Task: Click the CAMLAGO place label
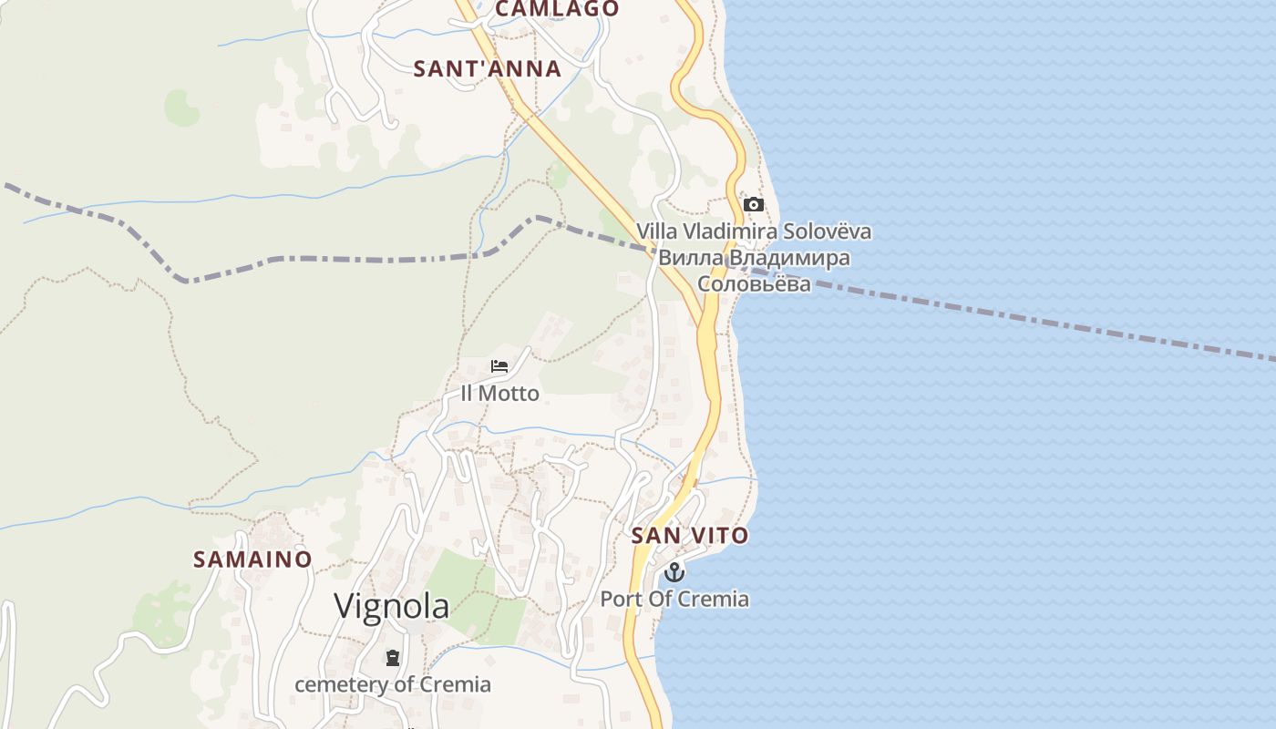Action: (x=557, y=9)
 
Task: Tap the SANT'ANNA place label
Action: (x=488, y=68)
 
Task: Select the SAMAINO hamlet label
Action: (x=252, y=559)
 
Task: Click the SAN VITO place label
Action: (x=690, y=536)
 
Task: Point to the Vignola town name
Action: (x=391, y=606)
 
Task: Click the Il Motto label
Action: (x=499, y=394)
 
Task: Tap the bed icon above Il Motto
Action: (x=499, y=366)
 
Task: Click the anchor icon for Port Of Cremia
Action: (x=674, y=572)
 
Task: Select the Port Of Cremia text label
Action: (x=674, y=600)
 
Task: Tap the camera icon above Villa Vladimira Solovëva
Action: (x=753, y=204)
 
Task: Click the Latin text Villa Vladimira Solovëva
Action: (x=754, y=231)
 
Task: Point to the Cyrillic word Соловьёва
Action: (x=754, y=284)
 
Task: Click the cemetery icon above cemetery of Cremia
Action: (x=393, y=657)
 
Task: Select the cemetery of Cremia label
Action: (x=393, y=684)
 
